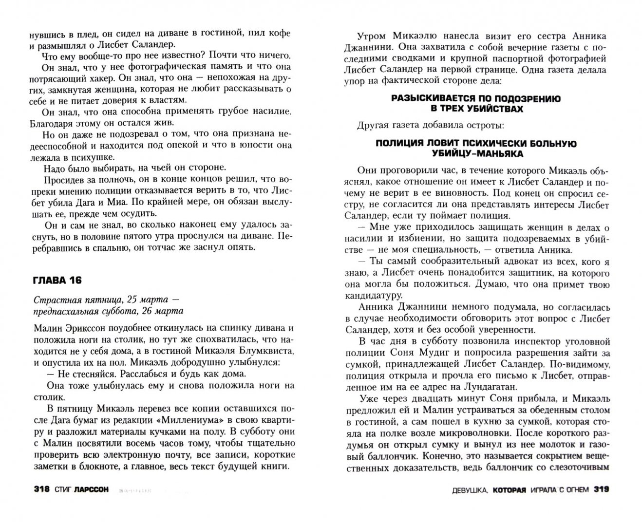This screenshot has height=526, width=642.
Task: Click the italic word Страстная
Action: point(52,300)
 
